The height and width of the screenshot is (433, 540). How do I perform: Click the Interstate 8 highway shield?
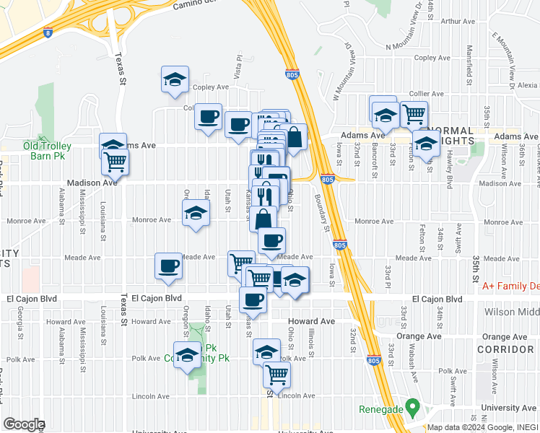click(x=48, y=32)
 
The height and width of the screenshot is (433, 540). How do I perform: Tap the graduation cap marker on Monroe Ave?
click(x=196, y=213)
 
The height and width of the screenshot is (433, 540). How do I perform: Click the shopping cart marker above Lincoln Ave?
click(x=277, y=374)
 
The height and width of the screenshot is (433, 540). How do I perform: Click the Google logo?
click(x=24, y=424)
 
